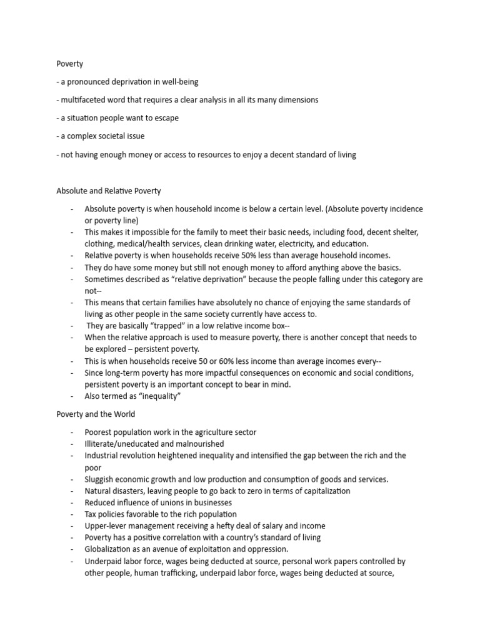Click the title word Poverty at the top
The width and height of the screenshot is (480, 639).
click(x=70, y=64)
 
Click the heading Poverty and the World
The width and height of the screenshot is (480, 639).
click(x=96, y=414)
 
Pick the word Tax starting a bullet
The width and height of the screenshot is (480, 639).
click(x=91, y=514)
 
